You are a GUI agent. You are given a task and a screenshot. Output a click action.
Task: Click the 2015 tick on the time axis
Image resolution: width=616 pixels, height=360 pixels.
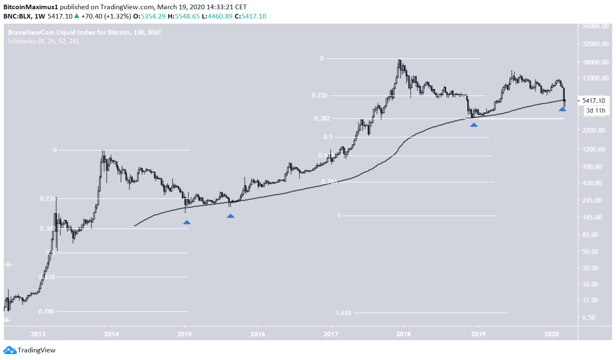click(185, 334)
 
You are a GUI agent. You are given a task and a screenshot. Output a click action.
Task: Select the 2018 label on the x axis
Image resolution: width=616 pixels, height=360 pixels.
click(404, 334)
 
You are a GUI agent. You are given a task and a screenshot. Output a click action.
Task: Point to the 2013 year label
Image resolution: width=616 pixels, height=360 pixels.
click(38, 334)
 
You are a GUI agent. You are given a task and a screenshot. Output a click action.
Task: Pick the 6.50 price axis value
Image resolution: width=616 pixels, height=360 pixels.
click(589, 317)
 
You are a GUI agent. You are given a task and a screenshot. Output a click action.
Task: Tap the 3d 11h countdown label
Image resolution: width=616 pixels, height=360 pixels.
click(595, 110)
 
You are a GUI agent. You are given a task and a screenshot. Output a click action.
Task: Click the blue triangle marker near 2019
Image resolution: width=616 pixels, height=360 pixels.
click(474, 125)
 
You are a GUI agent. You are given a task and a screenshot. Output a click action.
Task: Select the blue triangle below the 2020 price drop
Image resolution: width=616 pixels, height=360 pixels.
click(562, 109)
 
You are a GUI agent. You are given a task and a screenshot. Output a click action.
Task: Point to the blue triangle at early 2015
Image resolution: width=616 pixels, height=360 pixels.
click(187, 222)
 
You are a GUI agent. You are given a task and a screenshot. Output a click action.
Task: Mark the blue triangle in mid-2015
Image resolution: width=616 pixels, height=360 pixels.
click(230, 216)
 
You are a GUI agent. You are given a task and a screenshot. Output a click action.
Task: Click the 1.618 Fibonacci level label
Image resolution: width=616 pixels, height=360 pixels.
click(343, 313)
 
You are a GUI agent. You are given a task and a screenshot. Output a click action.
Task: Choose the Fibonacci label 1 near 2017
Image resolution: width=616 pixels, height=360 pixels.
click(338, 216)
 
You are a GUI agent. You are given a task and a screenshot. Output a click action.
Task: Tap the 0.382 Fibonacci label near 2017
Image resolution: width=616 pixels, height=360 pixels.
click(322, 118)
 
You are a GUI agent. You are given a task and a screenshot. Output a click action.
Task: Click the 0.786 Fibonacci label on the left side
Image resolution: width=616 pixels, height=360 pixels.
click(46, 312)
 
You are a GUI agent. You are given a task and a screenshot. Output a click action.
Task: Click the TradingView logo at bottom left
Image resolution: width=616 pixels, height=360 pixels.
click(29, 350)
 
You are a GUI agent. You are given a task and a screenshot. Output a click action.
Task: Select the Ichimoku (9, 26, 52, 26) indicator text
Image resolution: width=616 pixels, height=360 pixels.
click(43, 41)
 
